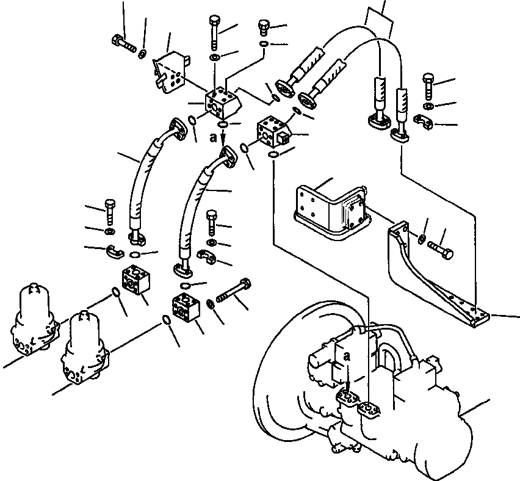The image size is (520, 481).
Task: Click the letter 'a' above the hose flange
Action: (212, 138)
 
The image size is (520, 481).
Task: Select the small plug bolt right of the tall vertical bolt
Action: (264, 27)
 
